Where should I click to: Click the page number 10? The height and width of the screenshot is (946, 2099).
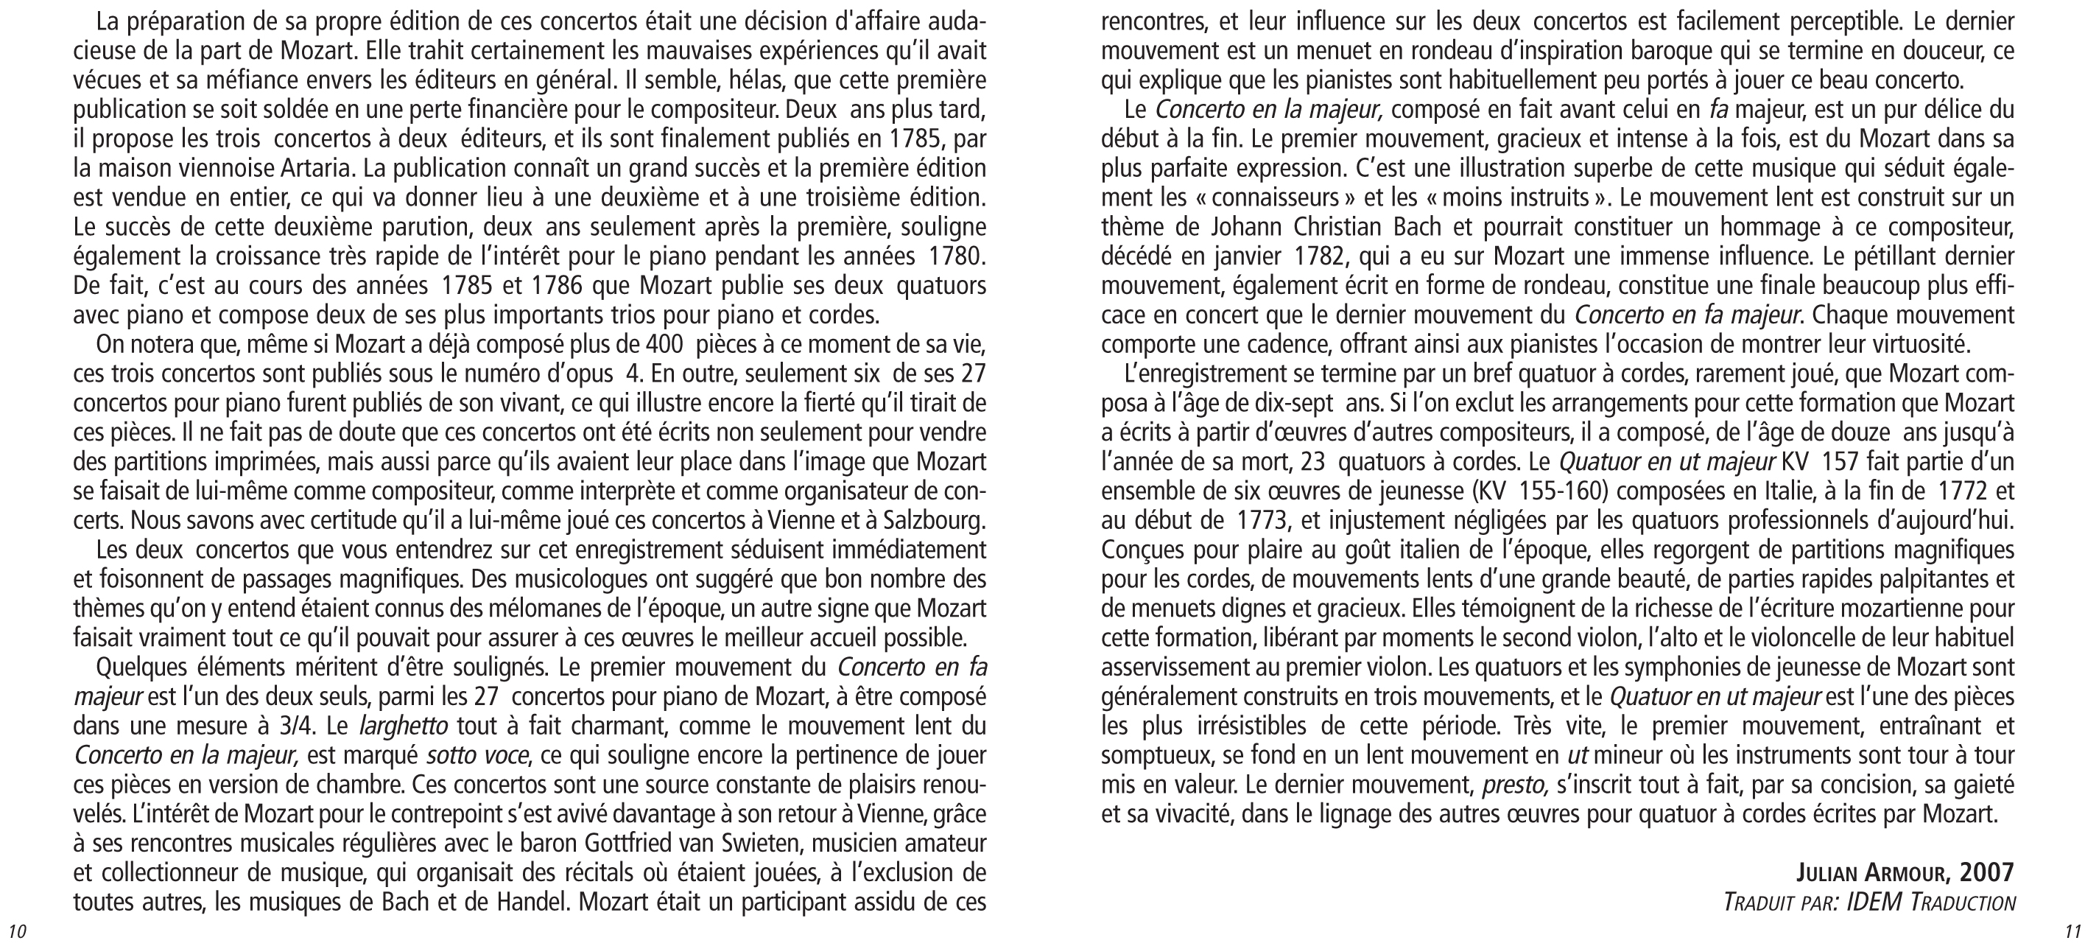(x=17, y=931)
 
